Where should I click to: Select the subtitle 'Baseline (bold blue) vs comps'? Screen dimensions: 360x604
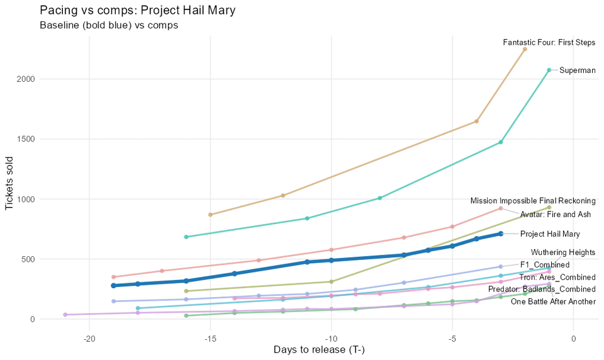tap(108, 26)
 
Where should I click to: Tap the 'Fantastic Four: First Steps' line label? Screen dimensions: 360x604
tap(549, 43)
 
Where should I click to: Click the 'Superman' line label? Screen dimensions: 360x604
tap(577, 70)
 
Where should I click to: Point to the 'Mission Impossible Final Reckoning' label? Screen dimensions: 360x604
tap(532, 201)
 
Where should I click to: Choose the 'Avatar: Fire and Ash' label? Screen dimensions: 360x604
tap(556, 215)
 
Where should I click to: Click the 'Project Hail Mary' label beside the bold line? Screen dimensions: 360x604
tap(550, 234)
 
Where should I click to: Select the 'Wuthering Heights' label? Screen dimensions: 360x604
tap(563, 252)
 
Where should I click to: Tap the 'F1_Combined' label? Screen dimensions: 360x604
tap(545, 265)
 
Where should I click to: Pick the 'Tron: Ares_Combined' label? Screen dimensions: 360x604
tap(557, 278)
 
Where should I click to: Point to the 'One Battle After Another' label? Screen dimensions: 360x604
tap(553, 302)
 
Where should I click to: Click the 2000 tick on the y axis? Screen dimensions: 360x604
tap(24, 79)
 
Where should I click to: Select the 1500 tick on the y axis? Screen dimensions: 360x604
tap(24, 139)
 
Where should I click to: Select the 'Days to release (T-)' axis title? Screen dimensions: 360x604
tap(319, 350)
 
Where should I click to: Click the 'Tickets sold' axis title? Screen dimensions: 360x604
tap(9, 181)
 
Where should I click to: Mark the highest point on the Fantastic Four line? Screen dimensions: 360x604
tap(525, 49)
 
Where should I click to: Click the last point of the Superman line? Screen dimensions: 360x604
tap(549, 70)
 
